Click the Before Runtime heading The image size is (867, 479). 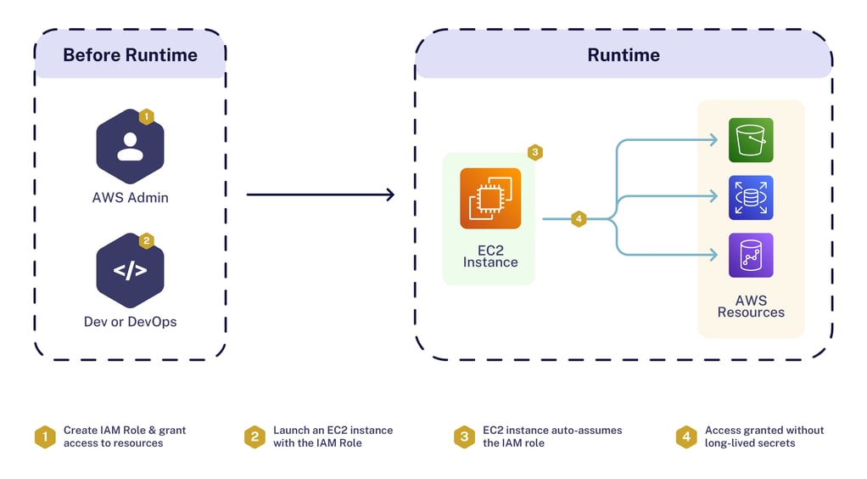(x=130, y=55)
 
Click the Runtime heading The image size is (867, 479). (x=624, y=55)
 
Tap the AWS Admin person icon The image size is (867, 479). (x=130, y=146)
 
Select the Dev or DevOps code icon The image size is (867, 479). (x=130, y=271)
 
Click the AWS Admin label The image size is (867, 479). (x=130, y=198)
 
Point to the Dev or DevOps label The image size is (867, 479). (x=130, y=322)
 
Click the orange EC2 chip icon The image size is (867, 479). (x=490, y=199)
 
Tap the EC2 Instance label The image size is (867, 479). (x=490, y=256)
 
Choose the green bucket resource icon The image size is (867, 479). (x=751, y=140)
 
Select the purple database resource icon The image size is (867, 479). (x=751, y=256)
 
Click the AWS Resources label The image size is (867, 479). (x=751, y=307)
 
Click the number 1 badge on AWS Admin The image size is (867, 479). (x=146, y=116)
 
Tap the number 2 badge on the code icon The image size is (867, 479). (x=146, y=241)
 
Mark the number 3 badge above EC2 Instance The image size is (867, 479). (x=534, y=153)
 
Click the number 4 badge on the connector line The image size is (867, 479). (x=579, y=219)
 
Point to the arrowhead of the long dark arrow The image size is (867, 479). (x=390, y=195)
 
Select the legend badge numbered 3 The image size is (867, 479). (x=463, y=437)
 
